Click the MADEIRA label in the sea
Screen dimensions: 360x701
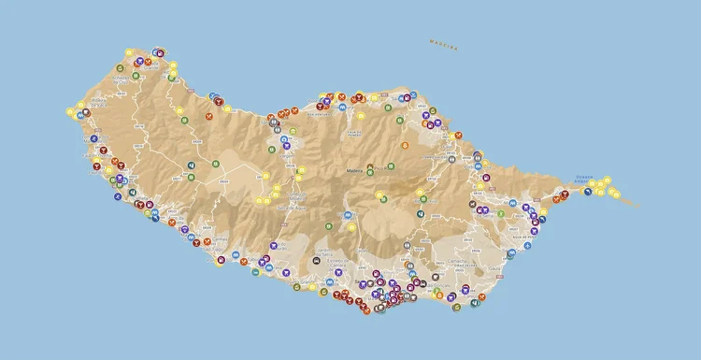443,44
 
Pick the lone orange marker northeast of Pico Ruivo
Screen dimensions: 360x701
405,145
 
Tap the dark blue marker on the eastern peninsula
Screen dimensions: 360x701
588,191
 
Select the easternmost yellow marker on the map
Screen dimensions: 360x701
617,194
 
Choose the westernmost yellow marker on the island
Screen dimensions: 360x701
70,112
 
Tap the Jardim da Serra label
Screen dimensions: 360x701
327,252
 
